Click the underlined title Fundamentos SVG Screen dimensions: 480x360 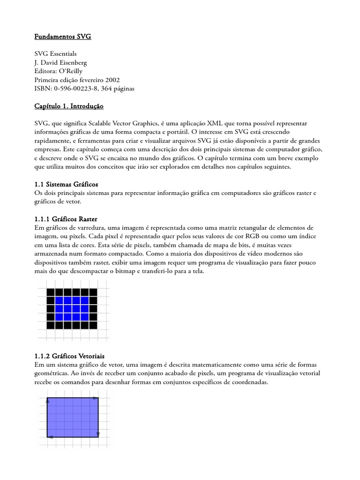(63, 37)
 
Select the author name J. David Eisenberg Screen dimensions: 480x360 (60, 62)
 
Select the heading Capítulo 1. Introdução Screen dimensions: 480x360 (69, 106)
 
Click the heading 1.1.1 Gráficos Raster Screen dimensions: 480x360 (66, 219)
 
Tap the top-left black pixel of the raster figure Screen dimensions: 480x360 (51, 292)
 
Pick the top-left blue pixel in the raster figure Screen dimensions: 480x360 (59, 300)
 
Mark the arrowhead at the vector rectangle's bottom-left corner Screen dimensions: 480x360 (50, 437)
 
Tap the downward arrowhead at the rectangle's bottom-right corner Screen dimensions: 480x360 (98, 434)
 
